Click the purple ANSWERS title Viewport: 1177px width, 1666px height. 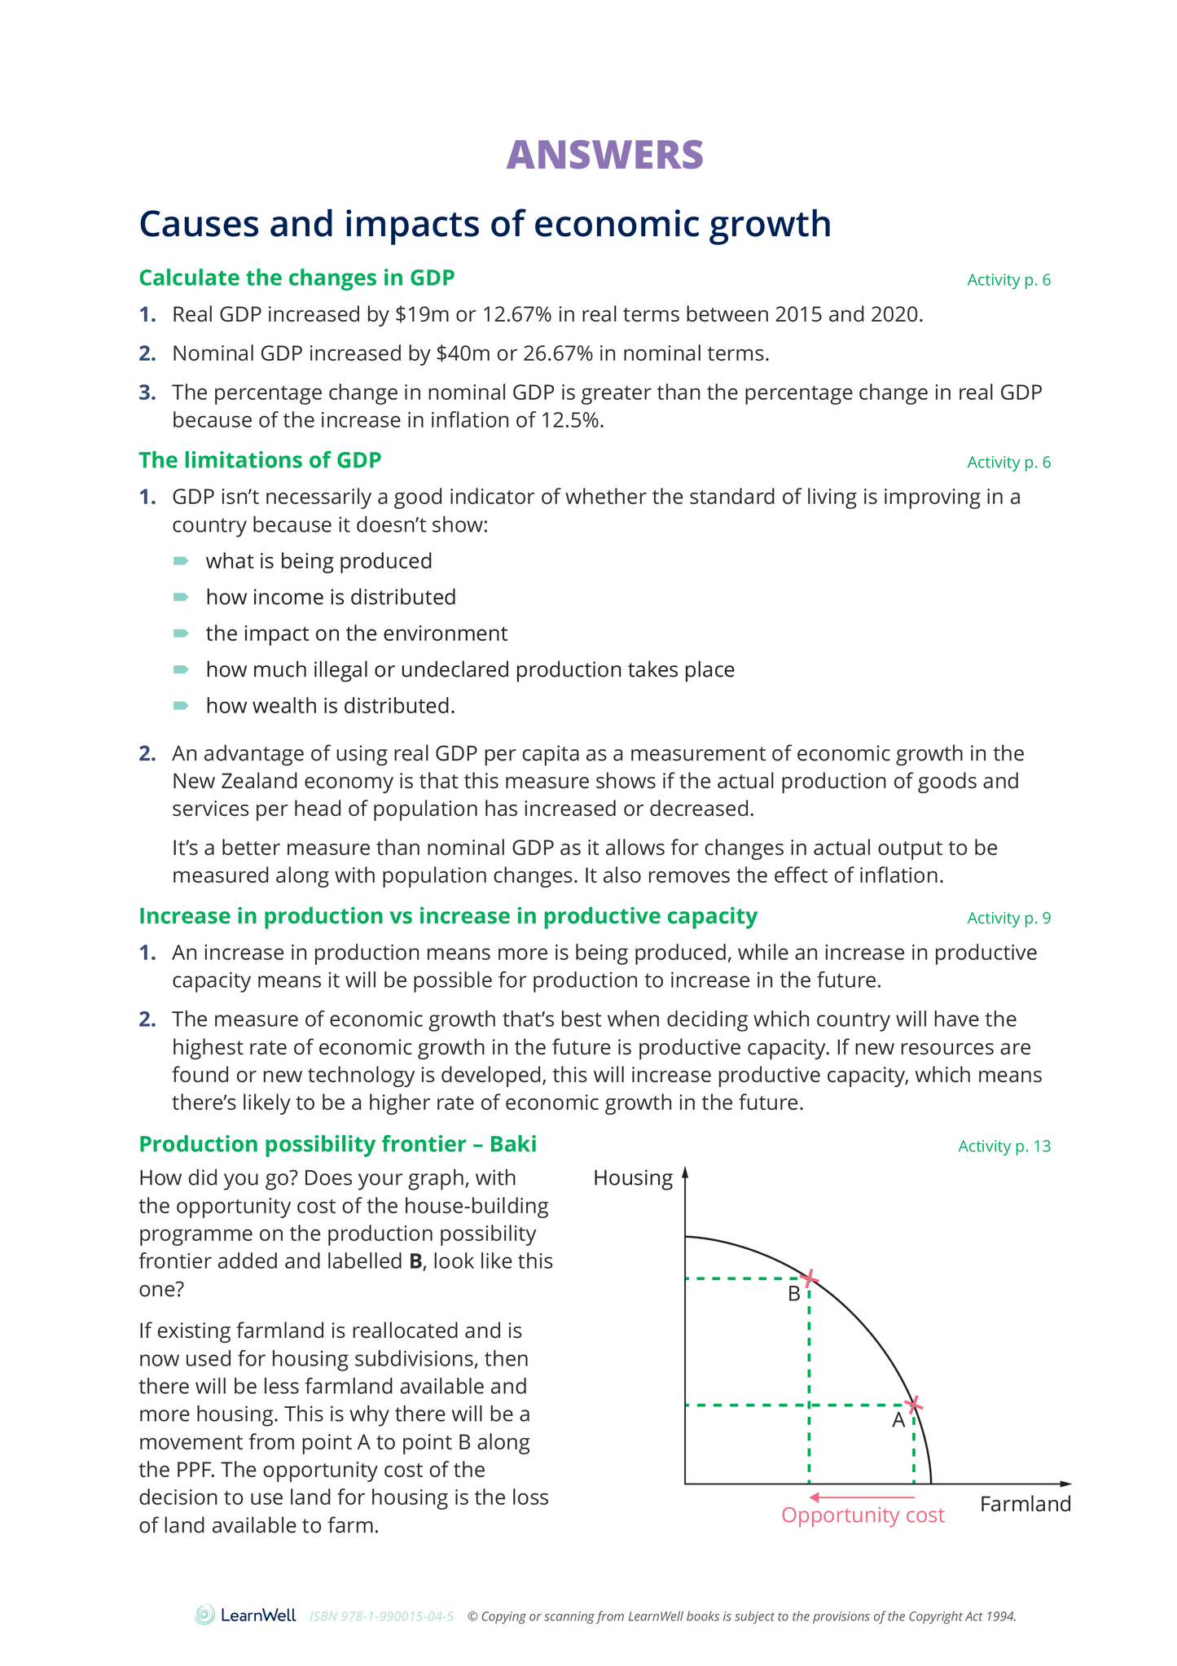[604, 155]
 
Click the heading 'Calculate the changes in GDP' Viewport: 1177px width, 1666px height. [296, 278]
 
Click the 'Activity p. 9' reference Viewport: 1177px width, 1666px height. [1008, 918]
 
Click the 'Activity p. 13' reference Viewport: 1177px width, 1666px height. [1004, 1146]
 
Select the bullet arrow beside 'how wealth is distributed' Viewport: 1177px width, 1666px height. [181, 705]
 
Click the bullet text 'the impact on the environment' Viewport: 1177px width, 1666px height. [356, 634]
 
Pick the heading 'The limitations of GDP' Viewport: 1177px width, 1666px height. [260, 460]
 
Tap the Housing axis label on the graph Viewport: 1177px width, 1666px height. [633, 1178]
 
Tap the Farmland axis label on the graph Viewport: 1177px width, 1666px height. [1025, 1504]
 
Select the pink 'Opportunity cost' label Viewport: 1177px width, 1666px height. [863, 1515]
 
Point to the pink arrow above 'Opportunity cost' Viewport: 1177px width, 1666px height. [861, 1497]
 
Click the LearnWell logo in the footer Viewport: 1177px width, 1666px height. [245, 1616]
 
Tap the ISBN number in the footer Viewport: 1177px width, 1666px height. [381, 1616]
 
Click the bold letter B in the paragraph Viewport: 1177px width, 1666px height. [415, 1261]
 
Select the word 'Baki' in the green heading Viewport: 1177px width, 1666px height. [512, 1144]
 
